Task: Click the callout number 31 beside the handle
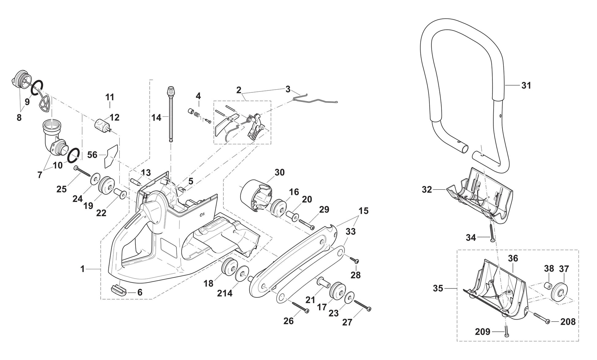[x=526, y=85]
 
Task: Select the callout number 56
[x=92, y=155]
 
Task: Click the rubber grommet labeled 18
[x=230, y=266]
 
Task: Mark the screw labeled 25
[x=82, y=171]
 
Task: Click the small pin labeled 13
[x=136, y=181]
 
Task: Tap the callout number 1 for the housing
[x=82, y=269]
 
